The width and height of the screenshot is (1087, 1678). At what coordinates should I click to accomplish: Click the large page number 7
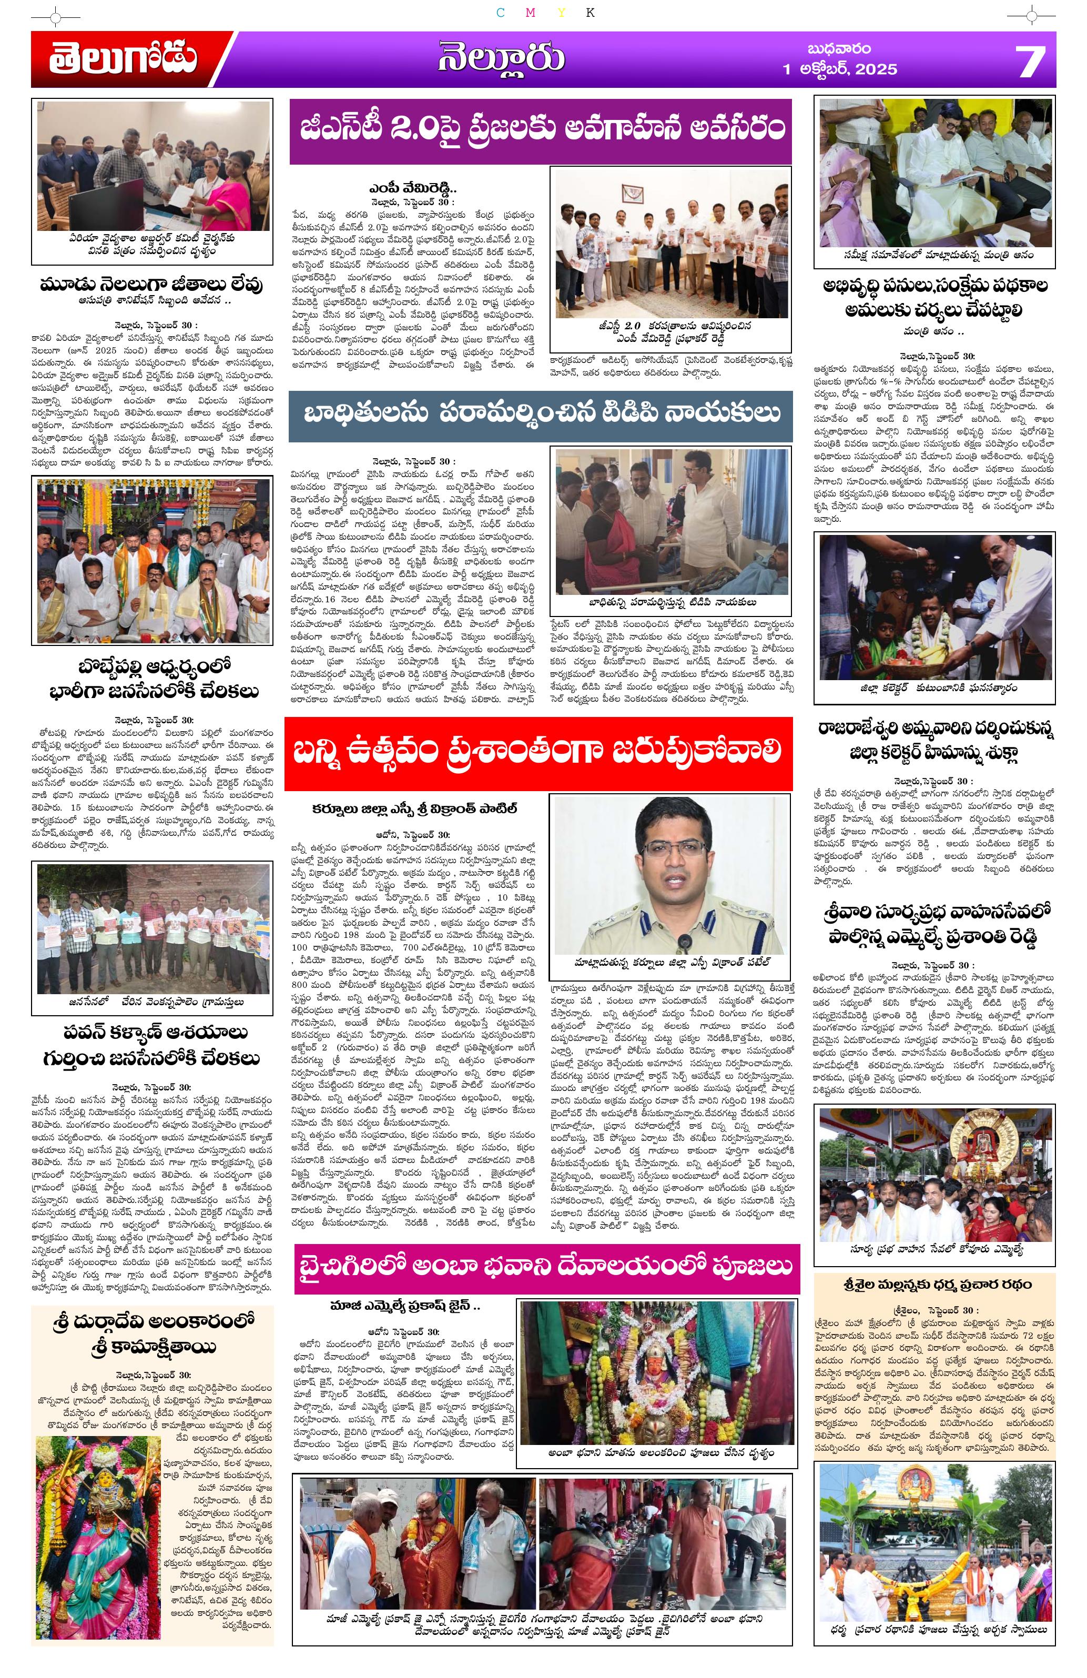point(1030,60)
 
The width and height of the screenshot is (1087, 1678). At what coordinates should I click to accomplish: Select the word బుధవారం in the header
point(838,48)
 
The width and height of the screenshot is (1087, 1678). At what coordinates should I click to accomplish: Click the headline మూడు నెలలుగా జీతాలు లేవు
point(151,284)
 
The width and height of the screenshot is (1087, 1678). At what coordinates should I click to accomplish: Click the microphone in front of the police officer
point(683,942)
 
